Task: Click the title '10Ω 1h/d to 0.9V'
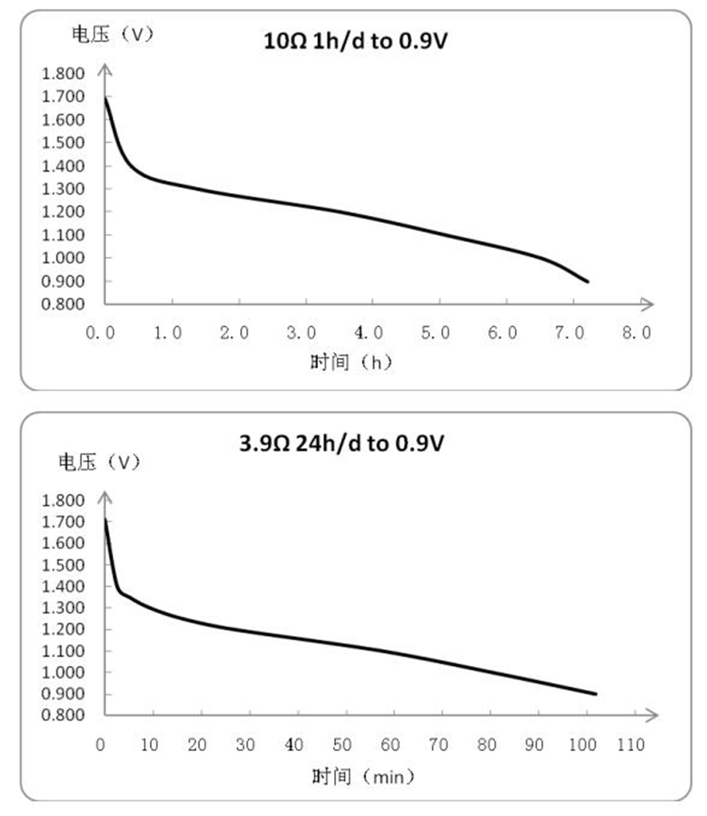click(x=355, y=41)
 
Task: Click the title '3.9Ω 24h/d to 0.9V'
click(x=341, y=443)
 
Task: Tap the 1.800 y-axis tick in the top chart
click(x=63, y=73)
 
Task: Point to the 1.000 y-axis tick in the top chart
click(x=63, y=258)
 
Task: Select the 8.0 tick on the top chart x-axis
click(x=637, y=333)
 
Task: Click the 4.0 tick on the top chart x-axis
click(x=368, y=333)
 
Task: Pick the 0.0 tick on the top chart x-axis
click(x=100, y=333)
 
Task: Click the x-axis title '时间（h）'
click(x=351, y=362)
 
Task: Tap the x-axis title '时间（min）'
click(x=362, y=777)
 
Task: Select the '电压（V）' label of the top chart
click(x=113, y=34)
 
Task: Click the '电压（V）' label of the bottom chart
click(x=100, y=462)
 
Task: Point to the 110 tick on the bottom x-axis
click(x=631, y=745)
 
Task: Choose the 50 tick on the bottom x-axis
click(x=342, y=745)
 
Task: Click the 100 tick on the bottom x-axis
click(x=583, y=745)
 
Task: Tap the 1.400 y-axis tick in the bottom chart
click(x=63, y=586)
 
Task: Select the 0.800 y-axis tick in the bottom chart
click(x=63, y=715)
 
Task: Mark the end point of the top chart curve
click(x=588, y=282)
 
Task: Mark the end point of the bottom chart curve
click(x=596, y=694)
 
